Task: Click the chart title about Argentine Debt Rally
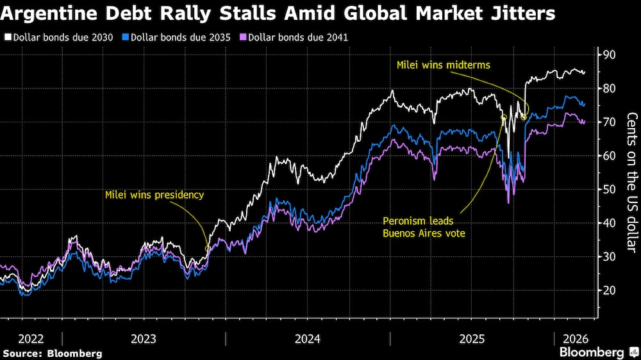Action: click(x=278, y=14)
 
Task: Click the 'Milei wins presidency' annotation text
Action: click(x=154, y=195)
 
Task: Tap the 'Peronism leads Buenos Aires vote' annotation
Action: click(x=424, y=227)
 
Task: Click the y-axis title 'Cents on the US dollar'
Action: click(x=631, y=182)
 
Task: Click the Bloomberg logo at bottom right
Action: click(x=597, y=352)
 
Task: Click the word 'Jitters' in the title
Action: click(x=522, y=14)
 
